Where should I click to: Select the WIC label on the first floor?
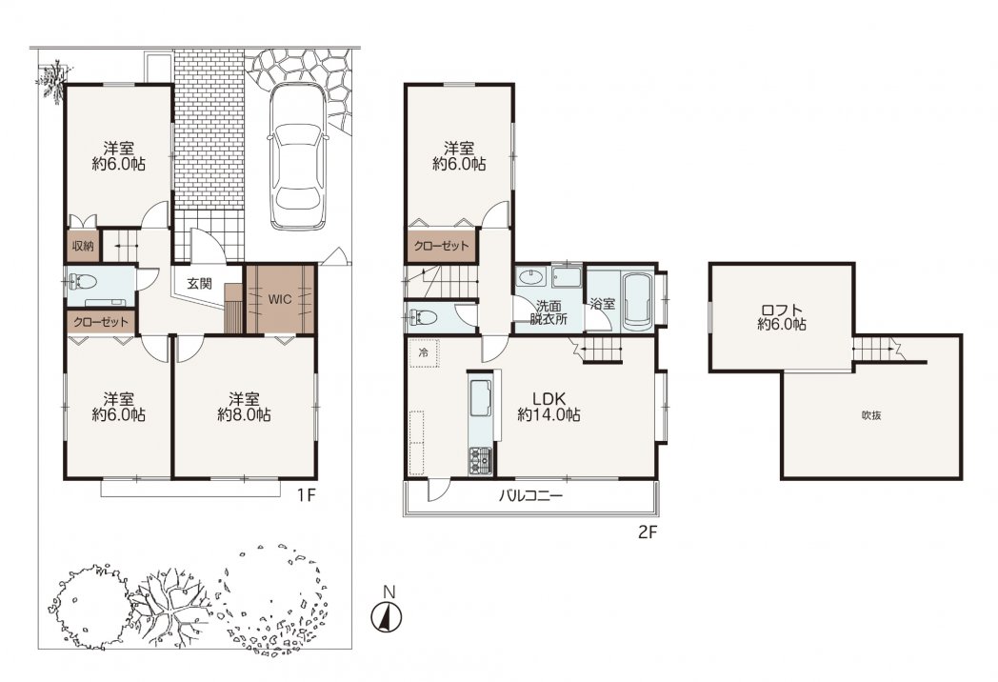click(x=279, y=298)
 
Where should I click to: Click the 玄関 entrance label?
click(x=199, y=284)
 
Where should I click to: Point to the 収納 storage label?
click(x=83, y=246)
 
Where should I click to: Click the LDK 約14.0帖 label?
click(x=549, y=407)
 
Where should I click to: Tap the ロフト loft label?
click(x=782, y=318)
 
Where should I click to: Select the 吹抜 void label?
click(x=871, y=416)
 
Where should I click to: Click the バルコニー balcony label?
click(x=530, y=495)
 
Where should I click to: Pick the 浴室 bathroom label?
click(x=602, y=305)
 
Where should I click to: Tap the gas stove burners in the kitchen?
click(x=481, y=460)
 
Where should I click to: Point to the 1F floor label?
click(x=306, y=495)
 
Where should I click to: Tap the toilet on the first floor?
click(x=82, y=281)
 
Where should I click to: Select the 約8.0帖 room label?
click(x=244, y=415)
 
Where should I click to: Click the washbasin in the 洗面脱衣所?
click(x=530, y=277)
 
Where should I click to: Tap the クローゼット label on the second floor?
click(x=441, y=246)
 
